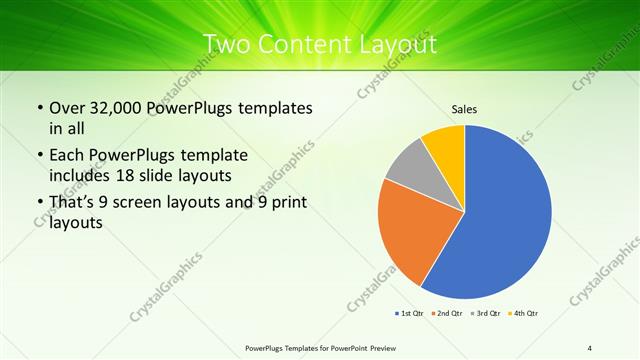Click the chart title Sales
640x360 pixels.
click(464, 107)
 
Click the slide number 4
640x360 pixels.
click(590, 347)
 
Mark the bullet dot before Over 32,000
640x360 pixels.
click(39, 108)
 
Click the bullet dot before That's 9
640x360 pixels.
click(39, 203)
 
